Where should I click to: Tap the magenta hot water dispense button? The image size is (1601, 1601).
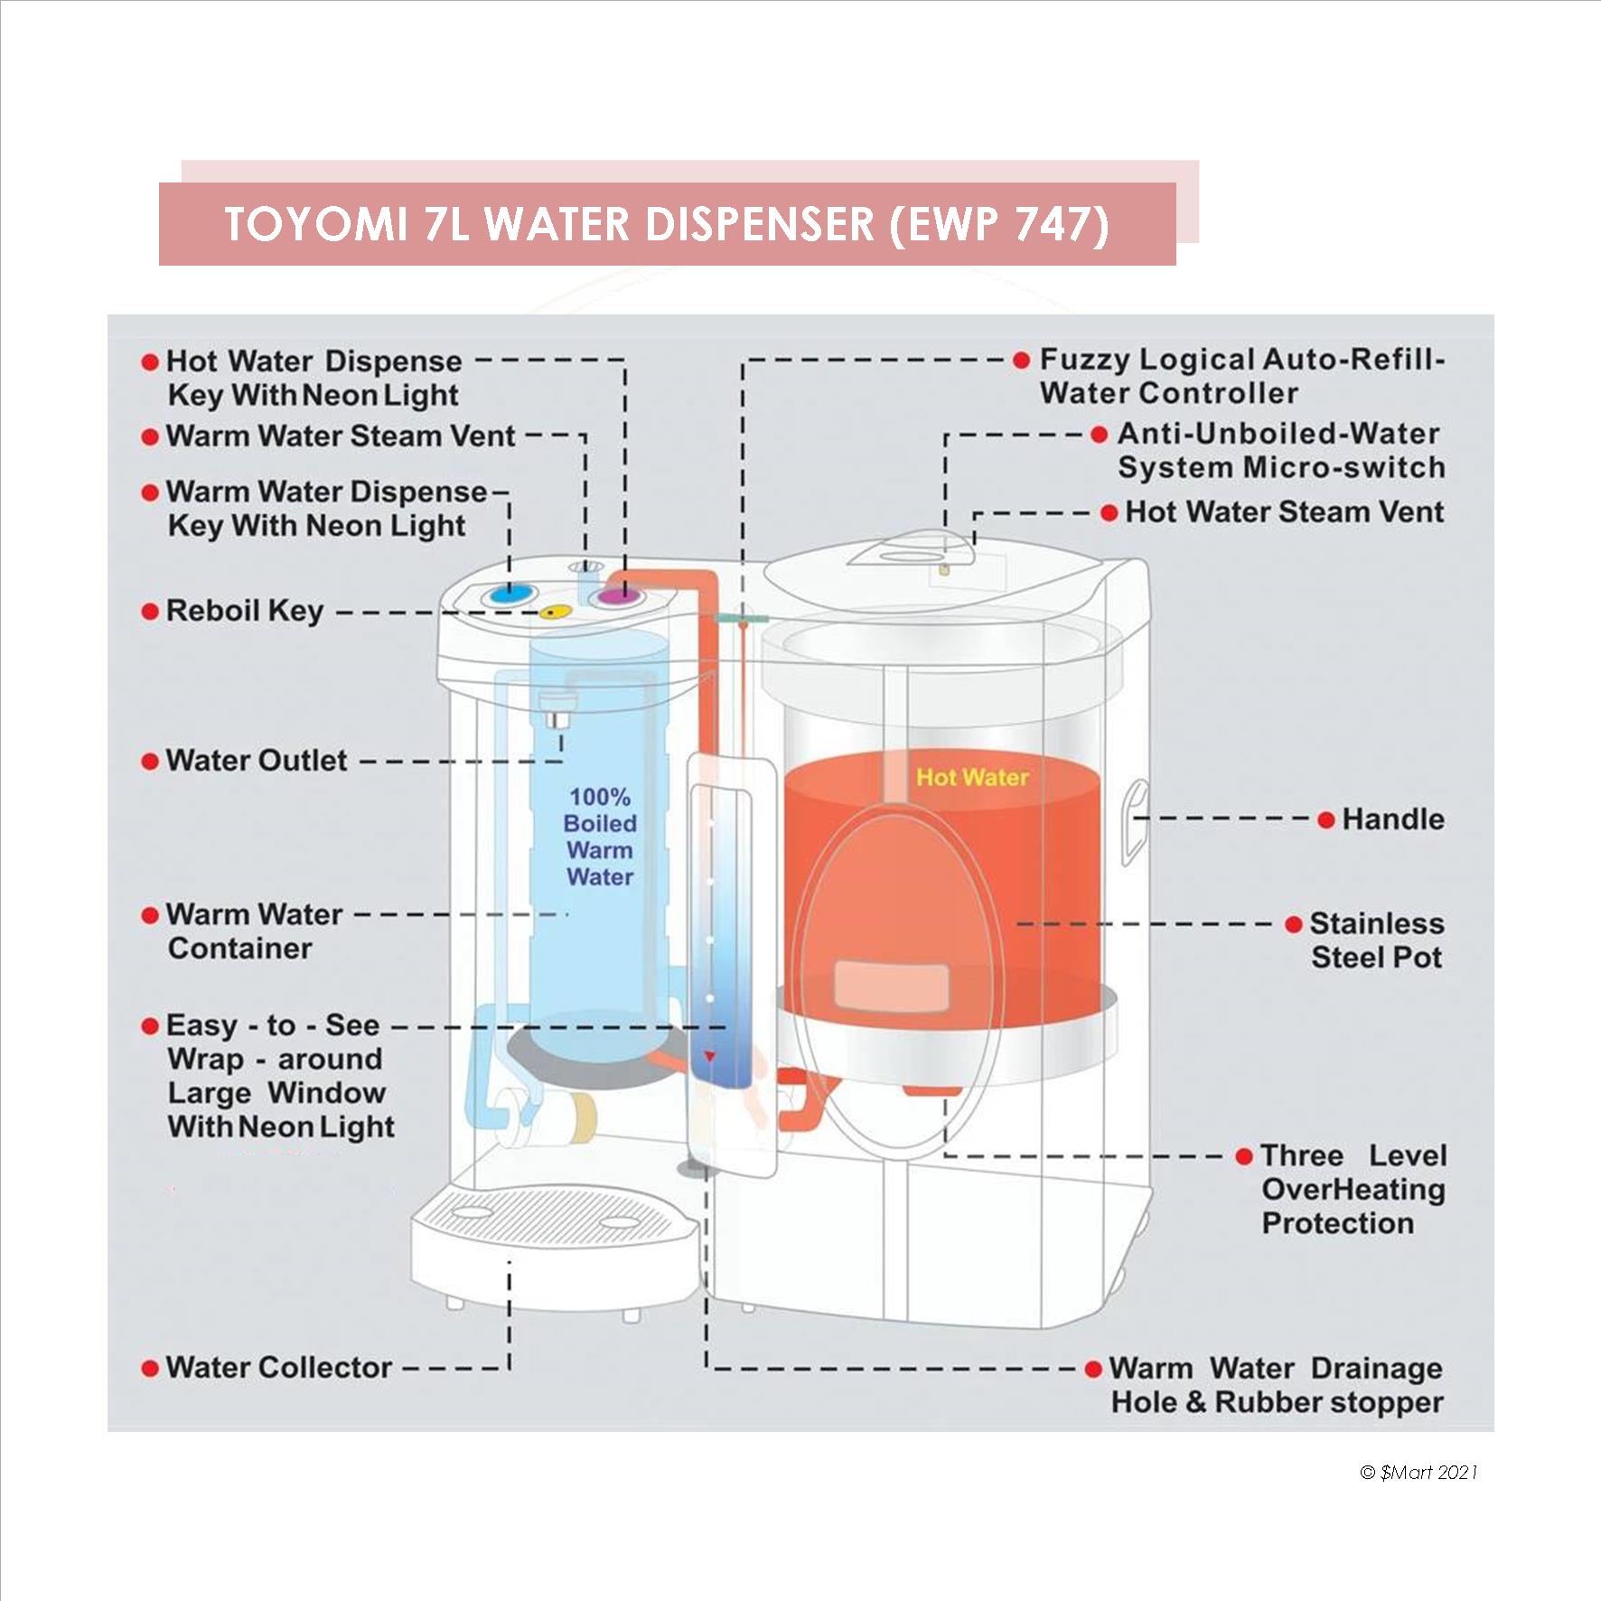pos(618,595)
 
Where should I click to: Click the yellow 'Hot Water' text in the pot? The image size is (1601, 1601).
pos(972,777)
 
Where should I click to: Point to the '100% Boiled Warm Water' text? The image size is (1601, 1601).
pos(600,837)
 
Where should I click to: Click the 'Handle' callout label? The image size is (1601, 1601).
pos(1392,819)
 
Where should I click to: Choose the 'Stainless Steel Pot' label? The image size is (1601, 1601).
pos(1376,941)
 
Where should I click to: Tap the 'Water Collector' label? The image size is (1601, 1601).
pos(278,1367)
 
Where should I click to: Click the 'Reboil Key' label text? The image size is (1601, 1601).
pos(244,611)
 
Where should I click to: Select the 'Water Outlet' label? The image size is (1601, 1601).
pos(256,761)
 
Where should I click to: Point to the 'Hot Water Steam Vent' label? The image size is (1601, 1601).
pos(1284,512)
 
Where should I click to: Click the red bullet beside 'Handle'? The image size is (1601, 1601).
pos(1326,820)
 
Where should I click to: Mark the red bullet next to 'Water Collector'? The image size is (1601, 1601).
pos(150,1369)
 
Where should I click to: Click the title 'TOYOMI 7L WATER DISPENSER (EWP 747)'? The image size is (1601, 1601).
pos(667,224)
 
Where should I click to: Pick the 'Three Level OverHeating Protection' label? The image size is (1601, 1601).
pos(1352,1189)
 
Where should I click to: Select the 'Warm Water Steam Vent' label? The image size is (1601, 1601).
pos(341,436)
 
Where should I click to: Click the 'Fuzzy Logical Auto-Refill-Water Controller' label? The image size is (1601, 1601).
pos(1242,376)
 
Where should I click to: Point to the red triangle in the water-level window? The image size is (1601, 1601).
pos(711,1056)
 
